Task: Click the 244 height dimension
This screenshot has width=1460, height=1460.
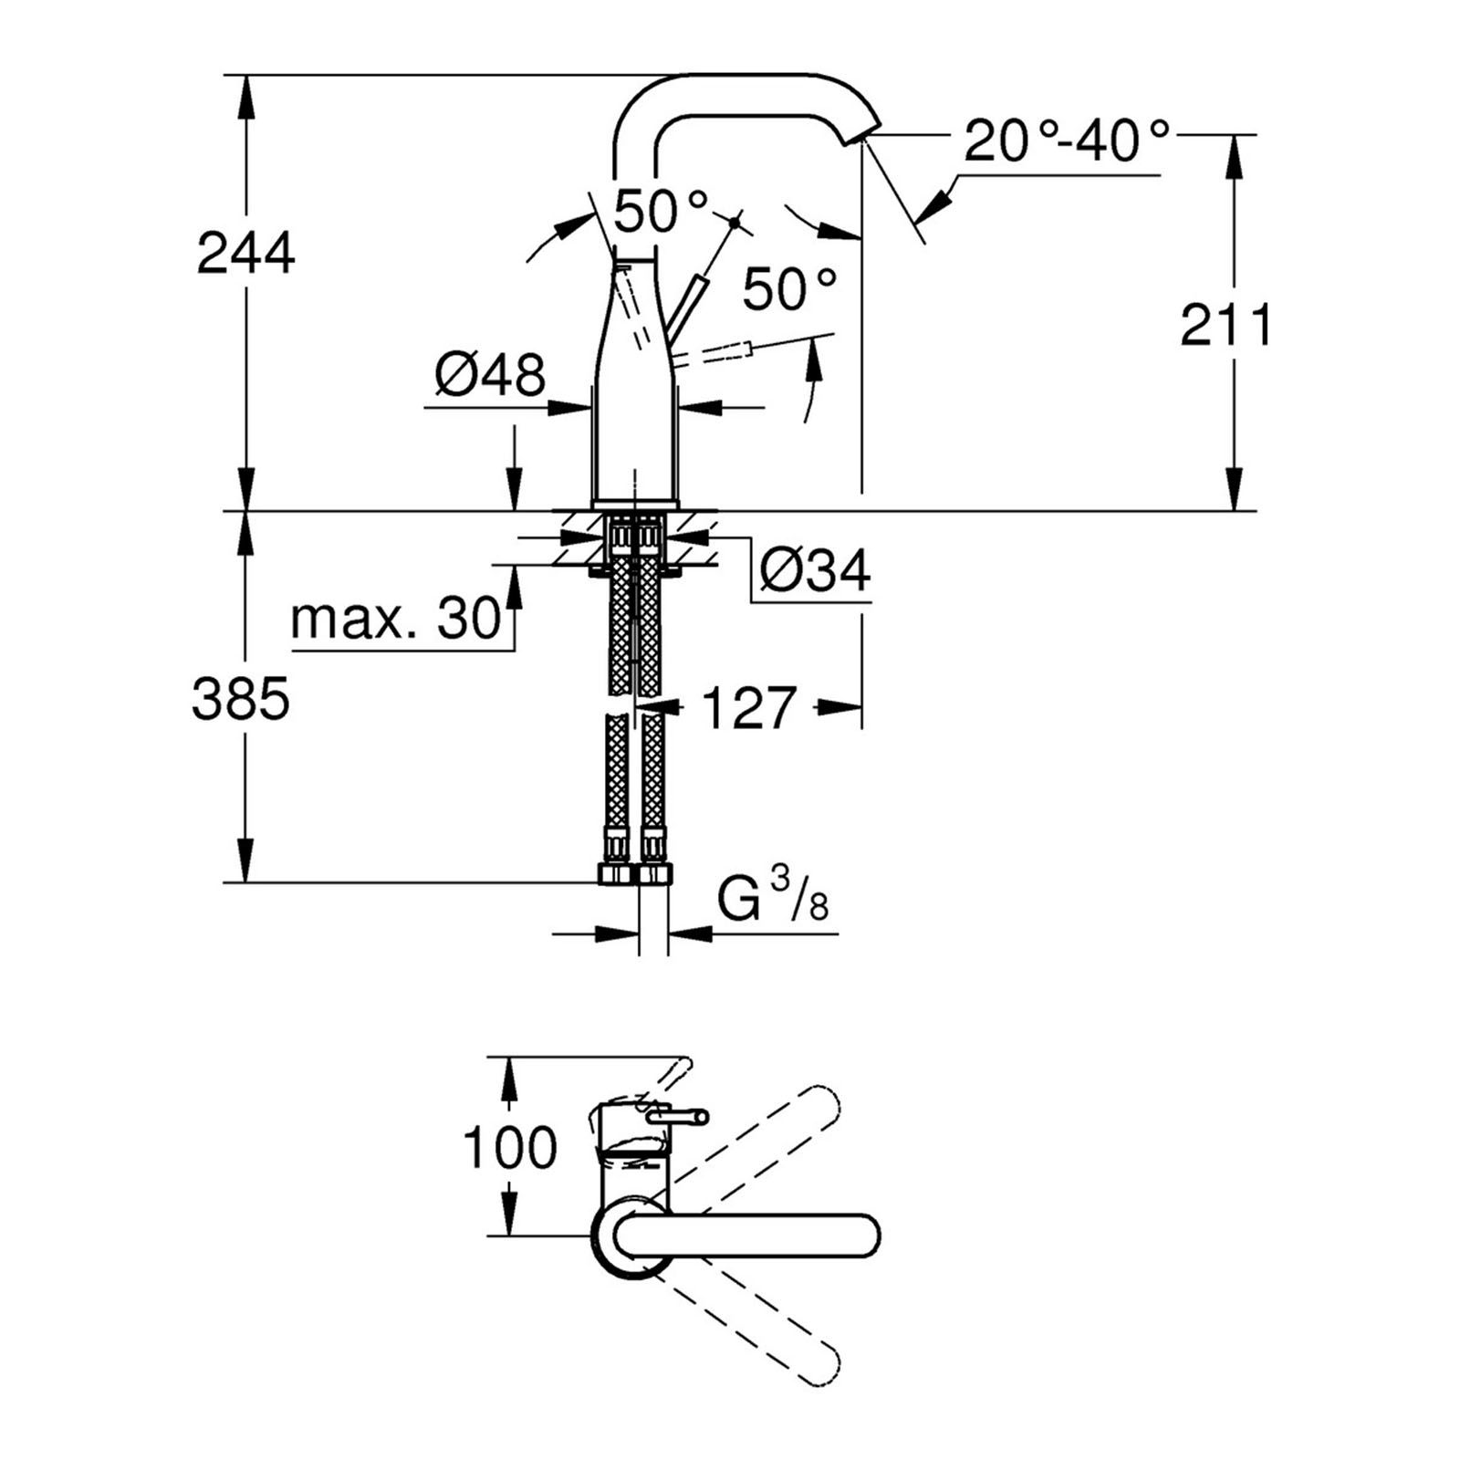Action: coord(245,254)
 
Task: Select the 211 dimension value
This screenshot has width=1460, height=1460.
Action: coord(1225,326)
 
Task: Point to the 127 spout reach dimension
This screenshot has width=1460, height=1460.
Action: coord(748,708)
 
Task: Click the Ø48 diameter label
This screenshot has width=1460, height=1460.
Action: coord(490,374)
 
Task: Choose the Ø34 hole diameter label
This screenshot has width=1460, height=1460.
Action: coord(815,571)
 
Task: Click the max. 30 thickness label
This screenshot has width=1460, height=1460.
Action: coord(396,620)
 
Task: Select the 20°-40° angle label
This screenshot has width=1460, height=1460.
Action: coord(1066,141)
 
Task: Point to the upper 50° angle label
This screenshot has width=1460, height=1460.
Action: coord(660,212)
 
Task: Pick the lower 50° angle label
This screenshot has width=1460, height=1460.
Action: coord(788,289)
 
